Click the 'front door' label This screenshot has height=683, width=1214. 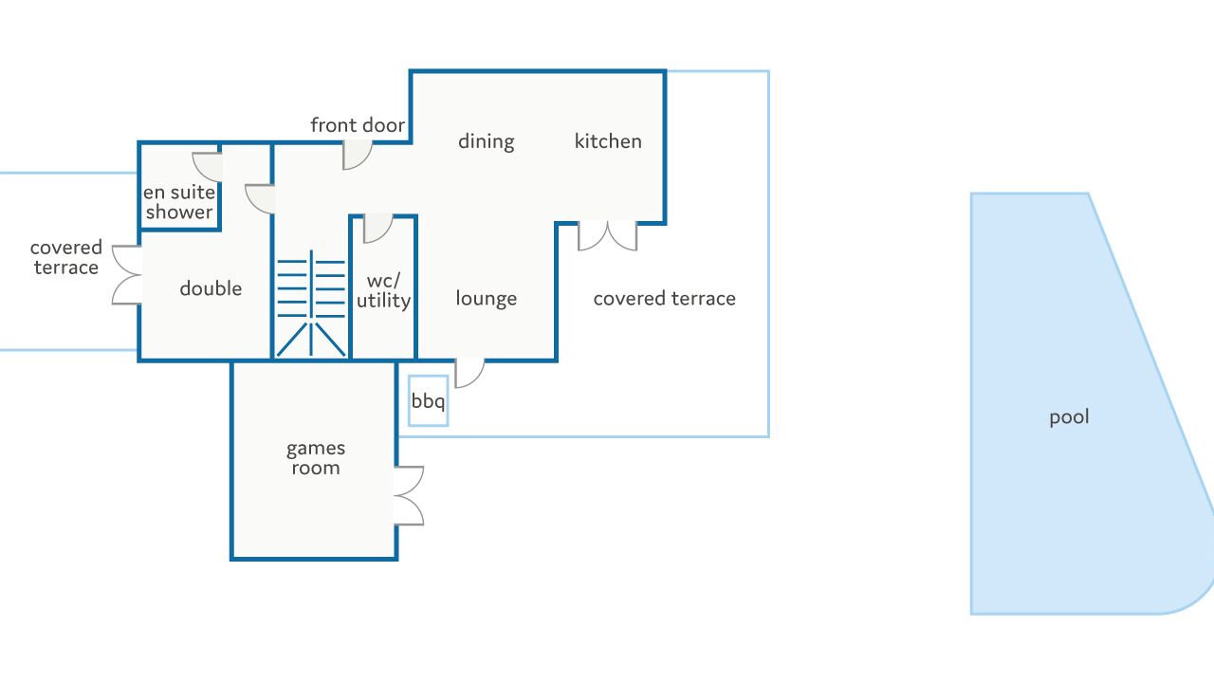(x=358, y=125)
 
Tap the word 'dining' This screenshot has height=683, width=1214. (x=487, y=142)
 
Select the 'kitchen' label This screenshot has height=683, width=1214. (x=608, y=141)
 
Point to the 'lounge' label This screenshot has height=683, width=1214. (x=487, y=299)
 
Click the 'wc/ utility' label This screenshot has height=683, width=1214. (x=384, y=290)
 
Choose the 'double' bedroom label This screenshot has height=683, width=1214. (x=211, y=289)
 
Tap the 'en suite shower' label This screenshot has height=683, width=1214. (x=179, y=202)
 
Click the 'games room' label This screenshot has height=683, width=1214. (x=316, y=458)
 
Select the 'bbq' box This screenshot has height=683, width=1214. (x=428, y=401)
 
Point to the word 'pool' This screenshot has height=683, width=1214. (x=1069, y=417)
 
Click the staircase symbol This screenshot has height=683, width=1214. (x=311, y=303)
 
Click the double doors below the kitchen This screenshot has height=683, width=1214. (x=608, y=236)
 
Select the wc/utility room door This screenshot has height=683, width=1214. (x=377, y=229)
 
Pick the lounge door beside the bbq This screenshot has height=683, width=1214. (x=469, y=374)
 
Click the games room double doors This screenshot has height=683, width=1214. (x=409, y=495)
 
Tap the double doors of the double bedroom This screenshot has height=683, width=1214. (x=127, y=275)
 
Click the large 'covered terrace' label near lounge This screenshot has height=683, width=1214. (x=665, y=299)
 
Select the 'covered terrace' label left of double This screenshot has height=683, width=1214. (x=66, y=257)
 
